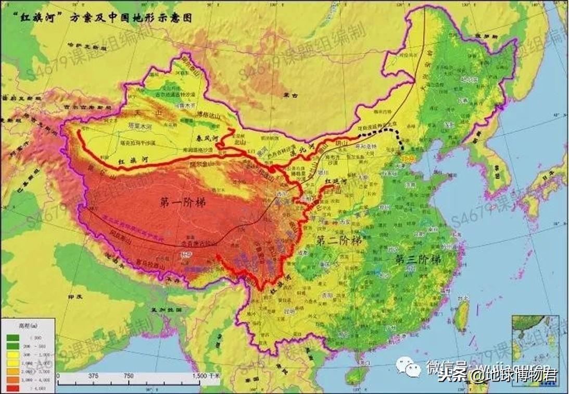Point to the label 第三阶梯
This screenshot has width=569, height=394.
point(418,259)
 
